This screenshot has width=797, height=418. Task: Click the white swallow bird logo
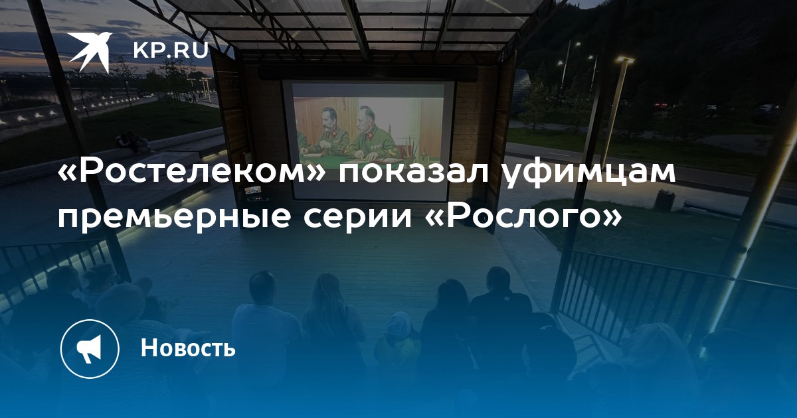pos(89,52)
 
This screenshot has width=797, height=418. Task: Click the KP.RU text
pos(171,50)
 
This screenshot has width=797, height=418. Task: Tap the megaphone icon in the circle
pos(89,349)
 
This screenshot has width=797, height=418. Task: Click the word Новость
pos(188,348)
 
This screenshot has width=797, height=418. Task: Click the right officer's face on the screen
pos(366,119)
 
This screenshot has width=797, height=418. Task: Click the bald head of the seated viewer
pos(262,286)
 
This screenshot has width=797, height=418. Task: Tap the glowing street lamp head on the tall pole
pos(625,60)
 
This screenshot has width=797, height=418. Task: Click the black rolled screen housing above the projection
pos(367,74)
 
